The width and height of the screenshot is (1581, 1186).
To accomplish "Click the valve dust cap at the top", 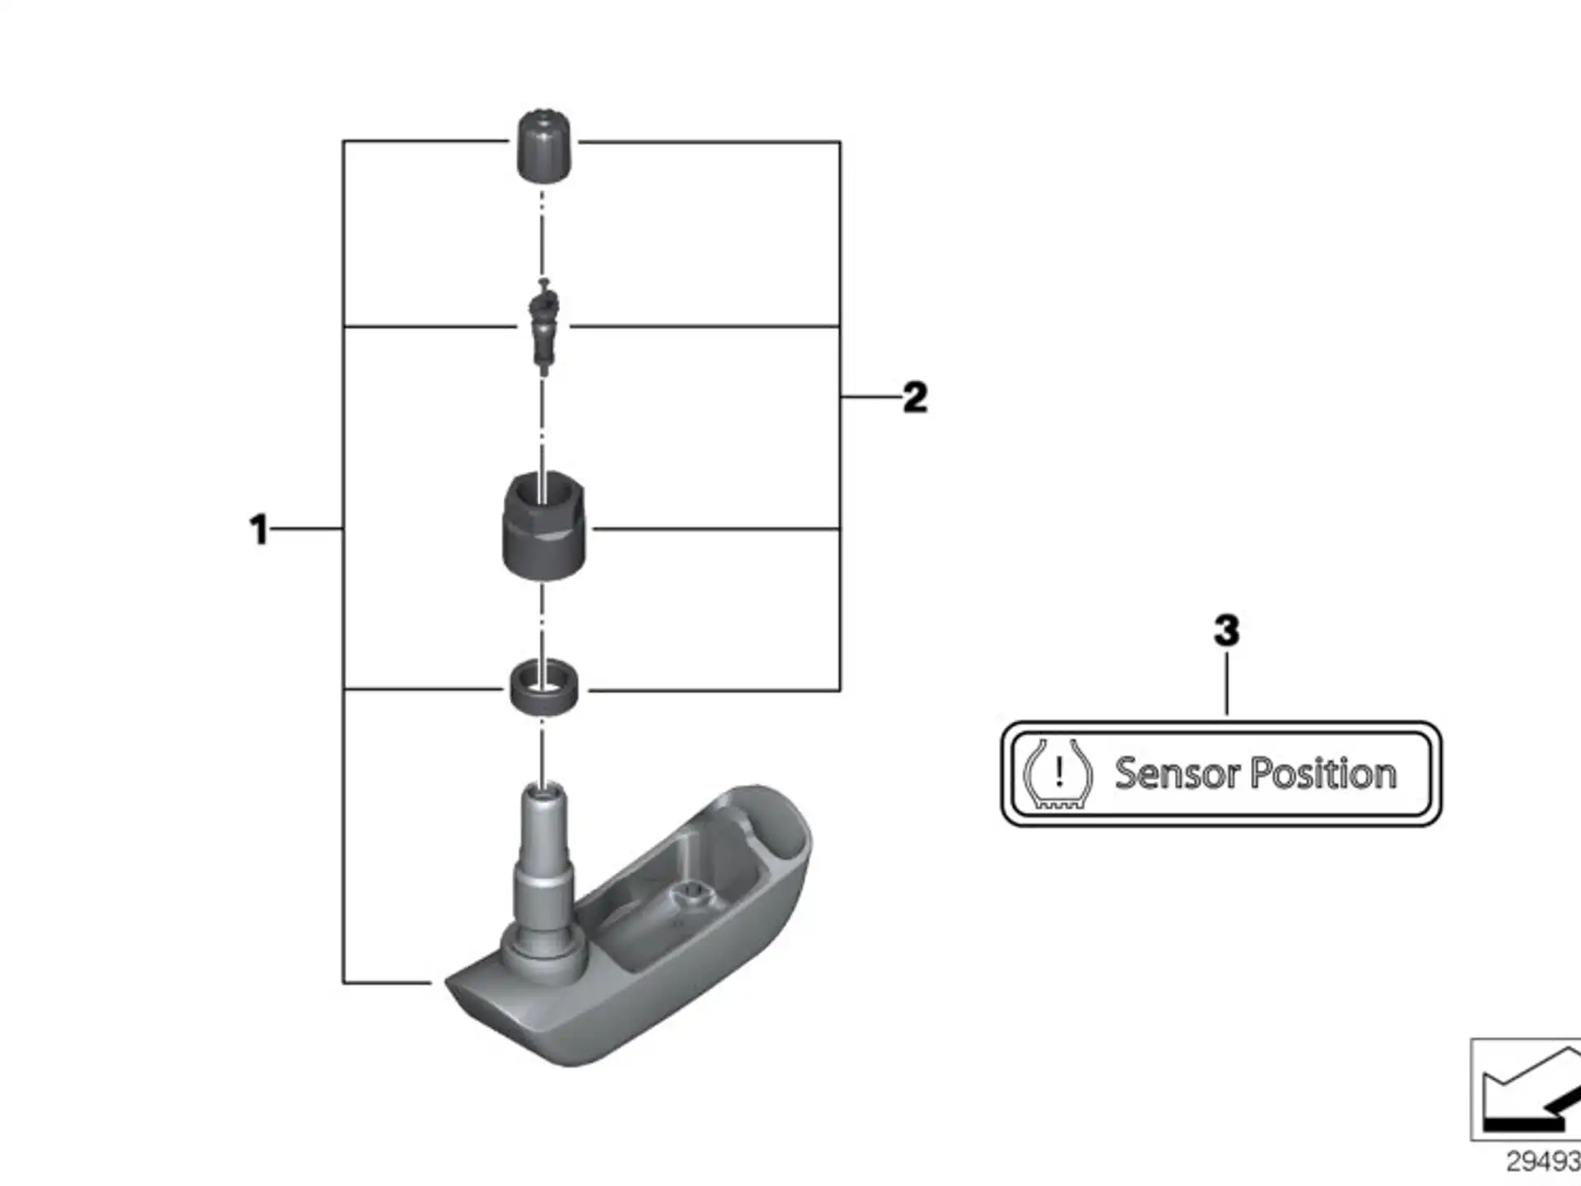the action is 543,145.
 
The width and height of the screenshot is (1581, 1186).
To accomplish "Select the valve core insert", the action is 543,328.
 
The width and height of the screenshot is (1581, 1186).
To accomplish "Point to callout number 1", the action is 259,529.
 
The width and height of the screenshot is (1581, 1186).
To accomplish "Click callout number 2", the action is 915,398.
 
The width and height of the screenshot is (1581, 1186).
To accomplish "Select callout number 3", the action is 1226,631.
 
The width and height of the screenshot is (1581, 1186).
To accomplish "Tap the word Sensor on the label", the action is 1177,774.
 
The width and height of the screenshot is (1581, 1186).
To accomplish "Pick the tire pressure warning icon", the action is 1057,774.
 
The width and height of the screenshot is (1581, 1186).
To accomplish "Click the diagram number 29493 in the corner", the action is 1543,1161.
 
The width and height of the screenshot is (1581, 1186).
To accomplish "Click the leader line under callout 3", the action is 1227,684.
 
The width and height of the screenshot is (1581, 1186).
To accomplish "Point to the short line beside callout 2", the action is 871,397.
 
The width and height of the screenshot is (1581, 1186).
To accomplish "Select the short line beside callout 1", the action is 306,529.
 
